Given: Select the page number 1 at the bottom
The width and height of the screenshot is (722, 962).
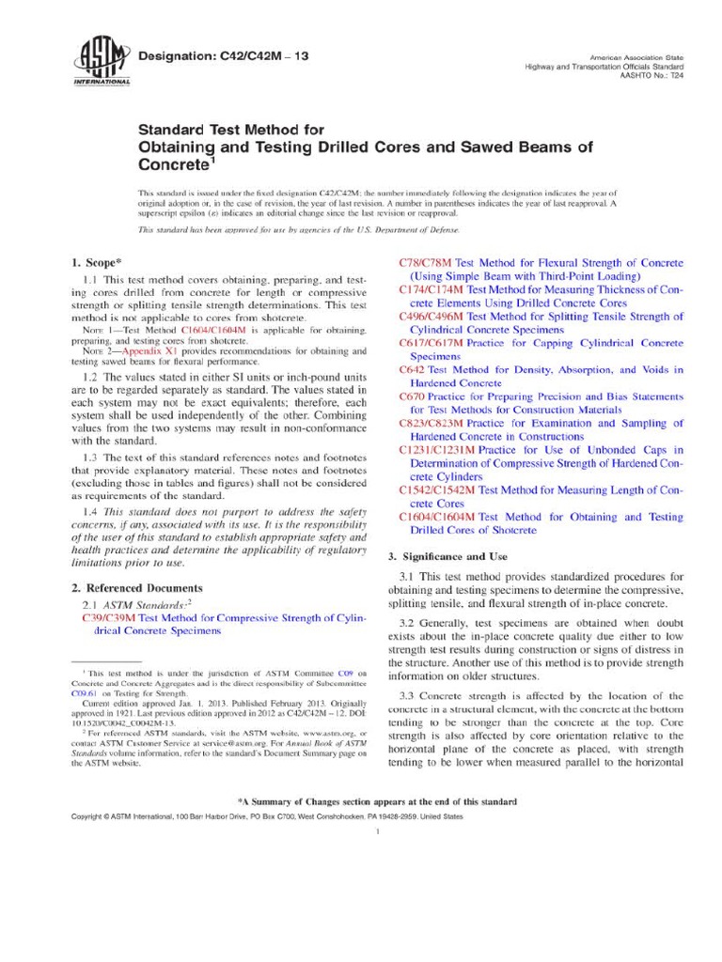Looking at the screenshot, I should [375, 831].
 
